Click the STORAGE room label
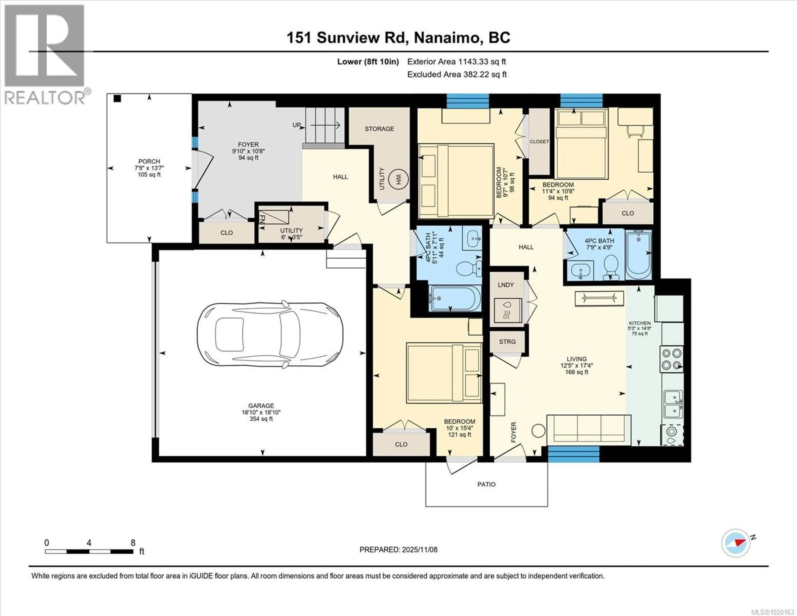[x=379, y=129]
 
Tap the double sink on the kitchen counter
[x=672, y=404]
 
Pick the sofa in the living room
[x=589, y=430]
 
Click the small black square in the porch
[x=117, y=98]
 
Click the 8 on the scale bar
[x=133, y=543]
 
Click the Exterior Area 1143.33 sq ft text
[x=457, y=62]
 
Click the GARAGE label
[x=261, y=406]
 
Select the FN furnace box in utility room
[x=274, y=218]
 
